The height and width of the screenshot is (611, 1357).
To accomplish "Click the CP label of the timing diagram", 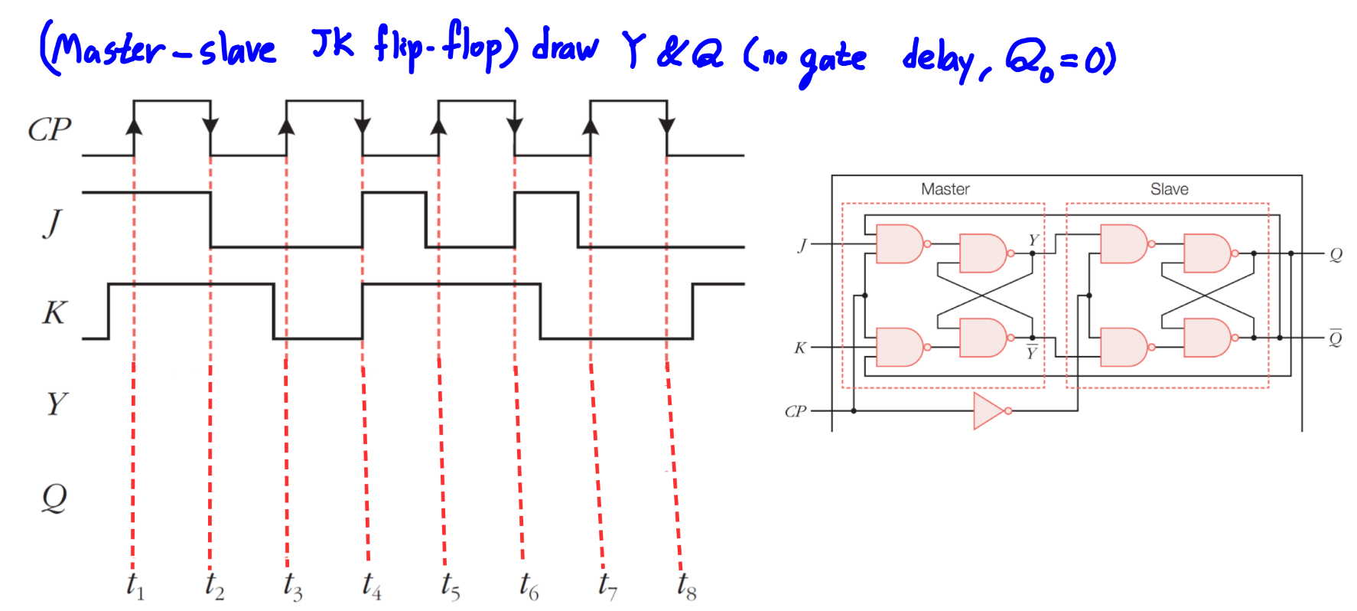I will tap(50, 129).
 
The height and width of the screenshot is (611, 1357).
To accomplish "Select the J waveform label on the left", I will tap(52, 223).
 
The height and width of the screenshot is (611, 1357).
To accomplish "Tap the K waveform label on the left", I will tap(54, 312).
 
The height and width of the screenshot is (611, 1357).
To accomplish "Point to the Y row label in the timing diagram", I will tap(56, 404).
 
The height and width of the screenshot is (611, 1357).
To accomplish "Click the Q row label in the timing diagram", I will tap(54, 498).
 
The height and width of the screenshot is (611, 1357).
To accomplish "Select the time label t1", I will tap(135, 586).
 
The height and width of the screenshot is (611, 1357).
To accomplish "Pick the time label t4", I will tap(372, 586).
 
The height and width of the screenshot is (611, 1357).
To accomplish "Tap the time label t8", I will tap(686, 586).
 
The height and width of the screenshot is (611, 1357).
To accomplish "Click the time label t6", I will tap(529, 586).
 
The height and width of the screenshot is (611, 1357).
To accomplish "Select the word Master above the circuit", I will tap(945, 189).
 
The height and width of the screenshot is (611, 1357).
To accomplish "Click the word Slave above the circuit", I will tap(1169, 189).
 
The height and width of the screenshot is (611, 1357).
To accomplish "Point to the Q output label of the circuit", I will tap(1336, 254).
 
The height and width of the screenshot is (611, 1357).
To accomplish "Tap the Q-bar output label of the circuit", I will tap(1336, 338).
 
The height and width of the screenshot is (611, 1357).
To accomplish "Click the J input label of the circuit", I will tap(802, 245).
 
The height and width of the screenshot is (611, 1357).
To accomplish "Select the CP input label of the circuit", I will tap(795, 412).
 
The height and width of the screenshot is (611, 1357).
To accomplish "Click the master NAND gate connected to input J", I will tap(900, 244).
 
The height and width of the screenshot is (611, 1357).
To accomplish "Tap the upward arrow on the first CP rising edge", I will tap(134, 124).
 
